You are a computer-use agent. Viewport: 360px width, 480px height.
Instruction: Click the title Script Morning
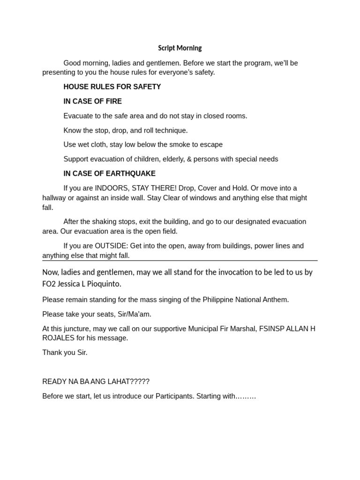[180, 48]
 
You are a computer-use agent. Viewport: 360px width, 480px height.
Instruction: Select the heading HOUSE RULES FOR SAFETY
[112, 87]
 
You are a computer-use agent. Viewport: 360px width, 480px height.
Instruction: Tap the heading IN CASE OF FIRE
[92, 101]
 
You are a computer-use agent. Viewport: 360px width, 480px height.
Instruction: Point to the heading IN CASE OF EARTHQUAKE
[109, 173]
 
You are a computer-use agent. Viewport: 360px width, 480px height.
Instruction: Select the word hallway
[55, 198]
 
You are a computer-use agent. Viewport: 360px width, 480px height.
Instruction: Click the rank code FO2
[49, 284]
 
